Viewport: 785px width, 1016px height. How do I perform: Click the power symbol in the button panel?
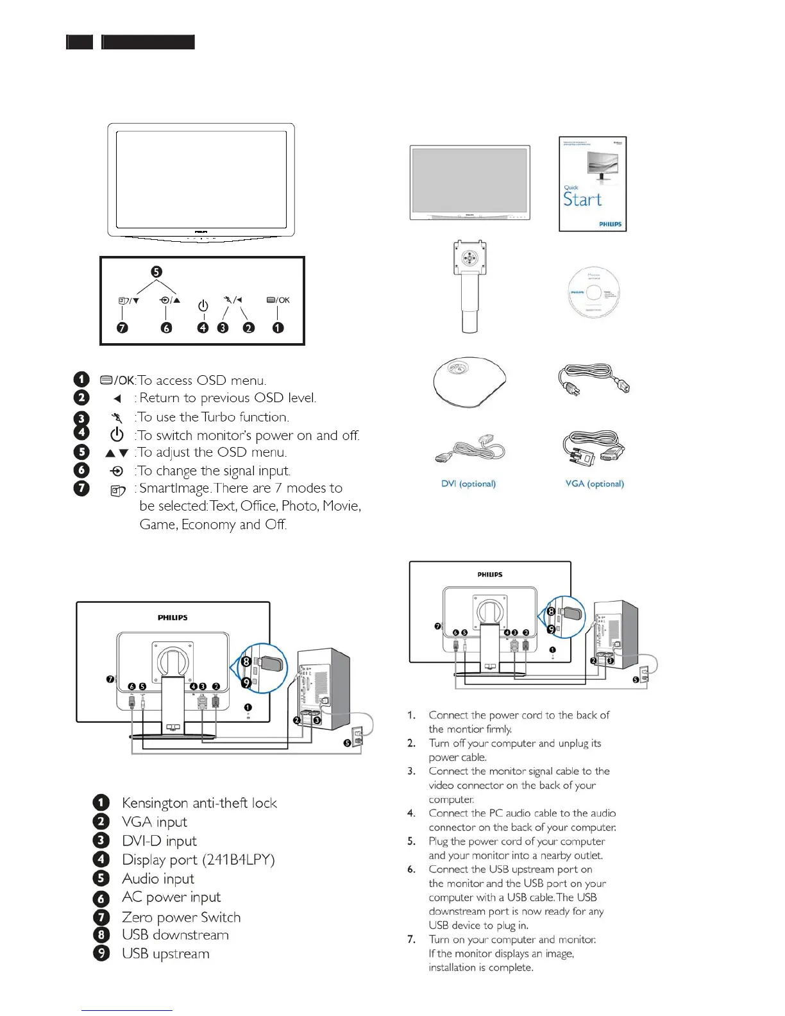[203, 306]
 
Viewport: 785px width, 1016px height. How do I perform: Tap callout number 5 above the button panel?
[156, 272]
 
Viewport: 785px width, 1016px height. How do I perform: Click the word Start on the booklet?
[582, 199]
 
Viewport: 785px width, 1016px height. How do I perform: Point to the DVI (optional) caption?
[468, 484]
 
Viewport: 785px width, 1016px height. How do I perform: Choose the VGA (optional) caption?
[595, 484]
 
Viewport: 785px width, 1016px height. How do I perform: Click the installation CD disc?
[593, 293]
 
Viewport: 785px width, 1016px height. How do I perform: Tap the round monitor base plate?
[469, 380]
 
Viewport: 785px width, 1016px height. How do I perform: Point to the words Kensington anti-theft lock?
[199, 803]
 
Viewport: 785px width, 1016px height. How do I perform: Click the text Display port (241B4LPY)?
[198, 859]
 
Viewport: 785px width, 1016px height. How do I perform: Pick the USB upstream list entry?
[165, 954]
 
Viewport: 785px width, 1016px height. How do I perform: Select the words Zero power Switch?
[181, 917]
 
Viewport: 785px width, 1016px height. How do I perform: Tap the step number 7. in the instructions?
[412, 940]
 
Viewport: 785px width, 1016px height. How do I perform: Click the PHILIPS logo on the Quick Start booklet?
[610, 224]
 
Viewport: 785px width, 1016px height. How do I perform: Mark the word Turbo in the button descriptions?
[219, 417]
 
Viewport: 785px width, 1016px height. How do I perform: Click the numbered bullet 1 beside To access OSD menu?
[81, 380]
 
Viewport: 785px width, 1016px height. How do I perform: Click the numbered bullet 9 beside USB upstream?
[101, 954]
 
